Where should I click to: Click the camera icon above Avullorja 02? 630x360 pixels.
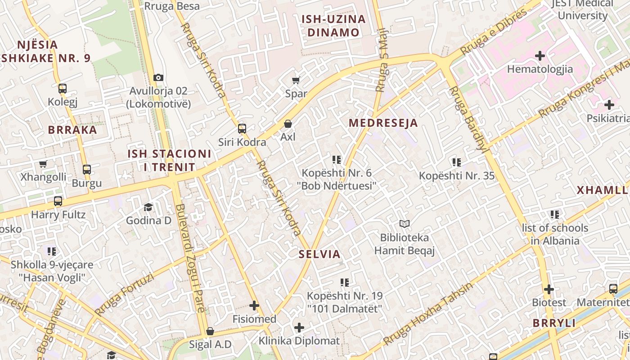pyautogui.click(x=158, y=77)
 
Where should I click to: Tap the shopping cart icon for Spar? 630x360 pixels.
pyautogui.click(x=296, y=81)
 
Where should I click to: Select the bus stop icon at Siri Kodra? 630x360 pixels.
pyautogui.click(x=242, y=129)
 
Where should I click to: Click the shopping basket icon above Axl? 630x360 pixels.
pyautogui.click(x=288, y=123)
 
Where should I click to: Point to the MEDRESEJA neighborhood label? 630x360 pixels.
pyautogui.click(x=383, y=123)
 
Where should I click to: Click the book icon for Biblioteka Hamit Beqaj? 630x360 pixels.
pyautogui.click(x=405, y=224)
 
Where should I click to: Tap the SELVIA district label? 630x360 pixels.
pyautogui.click(x=319, y=254)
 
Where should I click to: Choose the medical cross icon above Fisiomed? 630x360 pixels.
pyautogui.click(x=254, y=306)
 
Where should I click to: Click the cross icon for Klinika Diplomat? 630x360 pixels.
pyautogui.click(x=299, y=328)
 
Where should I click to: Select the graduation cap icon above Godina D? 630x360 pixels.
pyautogui.click(x=148, y=207)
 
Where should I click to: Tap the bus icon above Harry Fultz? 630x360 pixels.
pyautogui.click(x=58, y=201)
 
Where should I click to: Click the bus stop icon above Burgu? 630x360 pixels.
pyautogui.click(x=87, y=170)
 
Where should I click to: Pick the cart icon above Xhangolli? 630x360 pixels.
pyautogui.click(x=43, y=164)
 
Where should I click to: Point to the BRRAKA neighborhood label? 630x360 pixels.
pyautogui.click(x=72, y=130)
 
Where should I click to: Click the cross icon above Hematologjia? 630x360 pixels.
pyautogui.click(x=540, y=56)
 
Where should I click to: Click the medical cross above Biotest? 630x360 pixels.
pyautogui.click(x=549, y=289)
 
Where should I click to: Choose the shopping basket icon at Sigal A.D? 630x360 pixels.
pyautogui.click(x=210, y=332)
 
